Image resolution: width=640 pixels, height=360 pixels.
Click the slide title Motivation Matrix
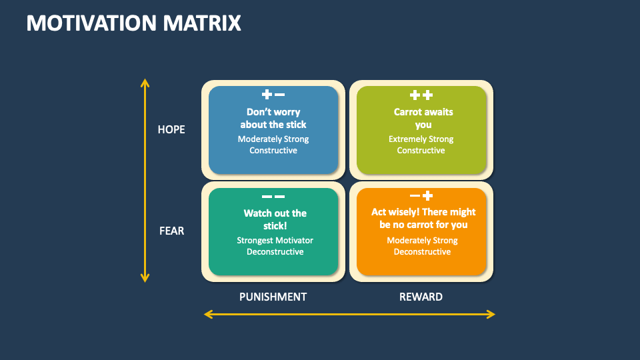pyautogui.click(x=133, y=23)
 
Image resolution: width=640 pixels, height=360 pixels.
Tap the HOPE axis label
pyautogui.click(x=171, y=129)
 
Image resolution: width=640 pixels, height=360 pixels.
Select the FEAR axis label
pyautogui.click(x=171, y=231)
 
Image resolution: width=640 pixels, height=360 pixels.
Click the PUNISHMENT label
pyautogui.click(x=273, y=297)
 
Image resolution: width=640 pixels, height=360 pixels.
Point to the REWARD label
pyautogui.click(x=421, y=297)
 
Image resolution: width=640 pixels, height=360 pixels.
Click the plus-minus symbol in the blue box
pyautogui.click(x=273, y=95)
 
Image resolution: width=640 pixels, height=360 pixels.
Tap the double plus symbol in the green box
pyautogui.click(x=421, y=95)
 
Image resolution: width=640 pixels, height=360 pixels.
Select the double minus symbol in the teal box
pyautogui.click(x=273, y=196)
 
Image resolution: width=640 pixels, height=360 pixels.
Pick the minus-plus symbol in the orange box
pyautogui.click(x=421, y=196)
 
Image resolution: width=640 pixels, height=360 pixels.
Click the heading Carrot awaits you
pyautogui.click(x=423, y=118)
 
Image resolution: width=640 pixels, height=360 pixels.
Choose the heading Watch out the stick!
pyautogui.click(x=275, y=219)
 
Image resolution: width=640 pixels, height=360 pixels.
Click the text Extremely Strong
pyautogui.click(x=421, y=139)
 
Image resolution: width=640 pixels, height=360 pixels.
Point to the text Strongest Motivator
pyautogui.click(x=275, y=241)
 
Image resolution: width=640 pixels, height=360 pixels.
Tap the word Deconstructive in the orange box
pyautogui.click(x=422, y=252)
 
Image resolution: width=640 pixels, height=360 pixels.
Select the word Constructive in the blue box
pyautogui.click(x=273, y=151)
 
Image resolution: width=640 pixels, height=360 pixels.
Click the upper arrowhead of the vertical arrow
pyautogui.click(x=145, y=83)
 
